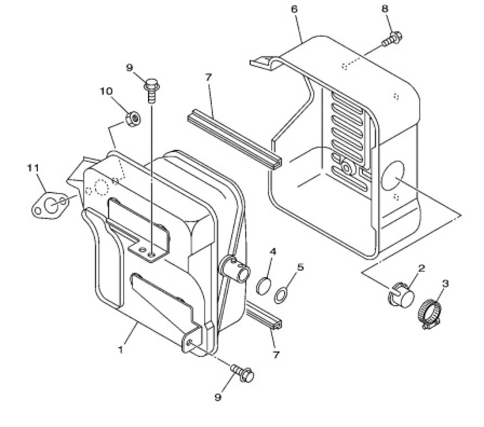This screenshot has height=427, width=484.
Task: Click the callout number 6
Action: tap(294, 9)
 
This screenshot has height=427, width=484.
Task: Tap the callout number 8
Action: tap(385, 8)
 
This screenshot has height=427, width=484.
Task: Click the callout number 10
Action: tap(106, 92)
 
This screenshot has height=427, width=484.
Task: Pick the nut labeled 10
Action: tap(133, 118)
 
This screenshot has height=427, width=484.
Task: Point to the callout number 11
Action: tap(33, 168)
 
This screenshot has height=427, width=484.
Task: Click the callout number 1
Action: tap(121, 350)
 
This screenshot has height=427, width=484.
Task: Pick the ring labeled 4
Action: tap(264, 285)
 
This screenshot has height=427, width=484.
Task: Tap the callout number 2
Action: tap(421, 268)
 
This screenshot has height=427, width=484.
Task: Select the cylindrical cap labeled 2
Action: tap(401, 294)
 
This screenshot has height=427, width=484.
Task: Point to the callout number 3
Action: tap(445, 283)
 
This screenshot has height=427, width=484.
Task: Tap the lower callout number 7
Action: tap(276, 354)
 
